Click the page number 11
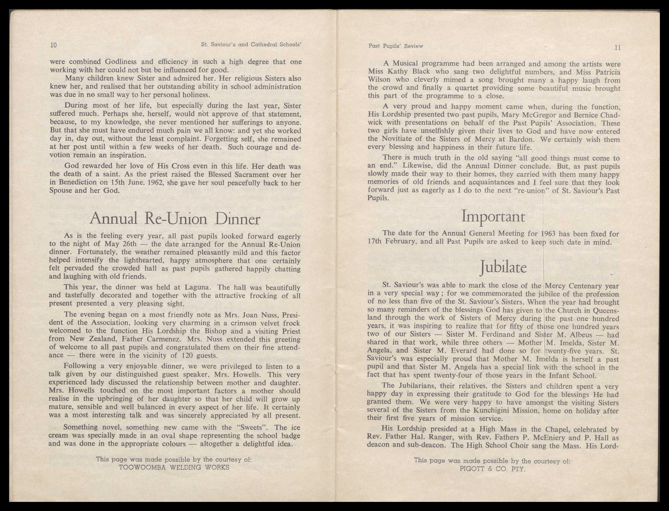[x=617, y=48]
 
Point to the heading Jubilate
[x=503, y=267]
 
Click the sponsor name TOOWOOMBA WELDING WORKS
[x=174, y=467]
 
